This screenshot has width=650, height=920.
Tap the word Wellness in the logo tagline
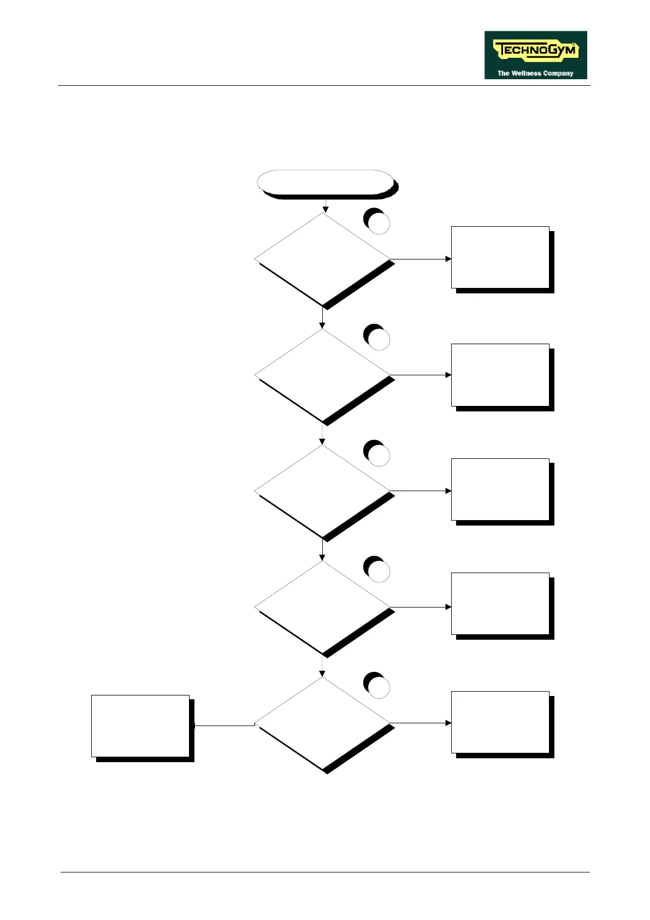(527, 73)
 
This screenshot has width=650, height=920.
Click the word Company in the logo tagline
(558, 73)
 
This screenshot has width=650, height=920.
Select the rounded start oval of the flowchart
(325, 182)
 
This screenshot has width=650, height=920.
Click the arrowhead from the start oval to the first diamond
(326, 209)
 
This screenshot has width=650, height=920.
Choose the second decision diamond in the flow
(322, 375)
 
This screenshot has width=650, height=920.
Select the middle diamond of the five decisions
(322, 491)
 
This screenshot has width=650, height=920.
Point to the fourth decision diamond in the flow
(322, 607)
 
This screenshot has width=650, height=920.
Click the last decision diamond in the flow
(322, 723)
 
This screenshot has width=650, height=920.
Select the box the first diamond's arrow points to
(500, 257)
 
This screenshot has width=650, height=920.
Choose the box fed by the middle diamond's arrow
(500, 490)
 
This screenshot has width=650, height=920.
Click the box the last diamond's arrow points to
(500, 722)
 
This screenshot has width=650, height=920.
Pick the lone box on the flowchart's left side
(140, 726)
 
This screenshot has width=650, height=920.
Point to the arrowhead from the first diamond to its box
(448, 259)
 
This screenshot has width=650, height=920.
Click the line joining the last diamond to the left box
(224, 726)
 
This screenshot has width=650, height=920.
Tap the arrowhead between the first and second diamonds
(322, 326)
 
